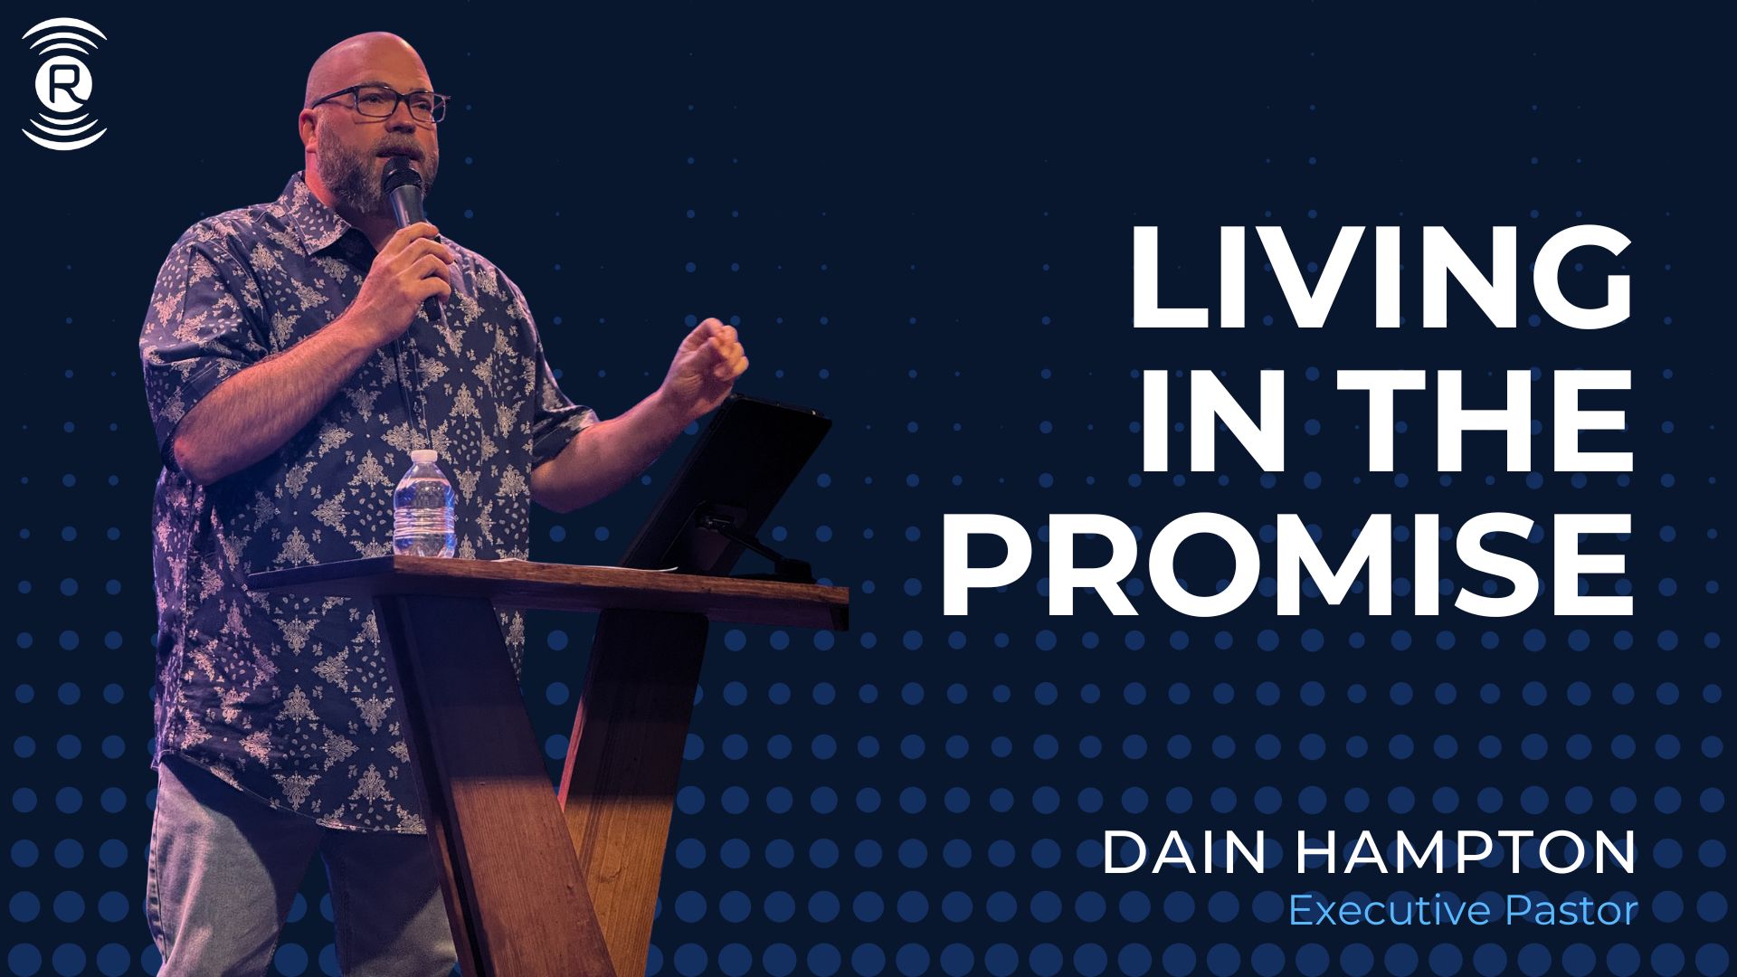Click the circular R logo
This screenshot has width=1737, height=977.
point(64,84)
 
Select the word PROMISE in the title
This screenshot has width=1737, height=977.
point(1287,564)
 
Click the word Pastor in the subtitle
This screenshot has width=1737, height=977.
point(1571,910)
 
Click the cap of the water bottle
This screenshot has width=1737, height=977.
point(424,457)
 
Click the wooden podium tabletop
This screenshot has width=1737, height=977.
point(548,588)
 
